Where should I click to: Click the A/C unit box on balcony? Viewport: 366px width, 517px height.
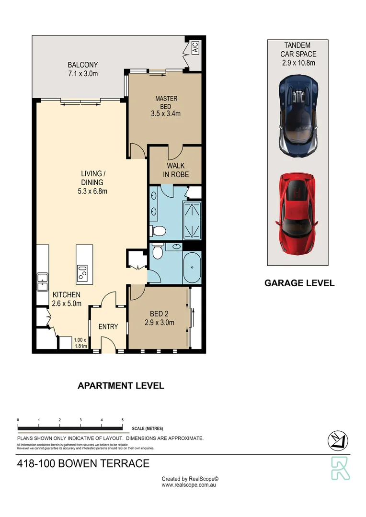[x=195, y=47]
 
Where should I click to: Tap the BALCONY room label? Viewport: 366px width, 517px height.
[x=83, y=69]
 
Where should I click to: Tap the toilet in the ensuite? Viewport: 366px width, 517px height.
[x=158, y=231]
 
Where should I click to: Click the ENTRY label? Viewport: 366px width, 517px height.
[x=108, y=326]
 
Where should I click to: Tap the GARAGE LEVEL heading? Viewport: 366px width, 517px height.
[x=299, y=283]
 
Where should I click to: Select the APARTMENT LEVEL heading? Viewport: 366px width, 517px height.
[x=121, y=385]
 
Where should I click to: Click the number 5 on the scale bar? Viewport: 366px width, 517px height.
[x=123, y=420]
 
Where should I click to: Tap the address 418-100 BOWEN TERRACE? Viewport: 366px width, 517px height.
[x=83, y=463]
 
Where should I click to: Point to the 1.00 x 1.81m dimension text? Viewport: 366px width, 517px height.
[x=80, y=343]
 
